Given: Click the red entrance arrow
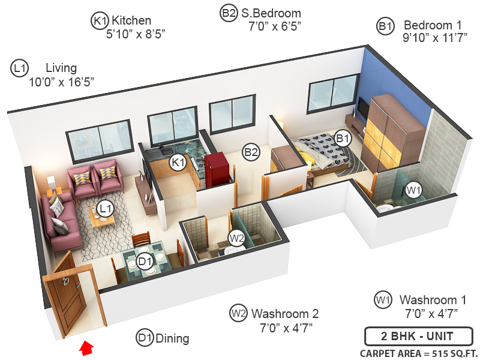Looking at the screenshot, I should [87, 346].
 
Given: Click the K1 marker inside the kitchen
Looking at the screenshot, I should [178, 161].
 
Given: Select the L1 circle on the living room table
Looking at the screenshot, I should [106, 208].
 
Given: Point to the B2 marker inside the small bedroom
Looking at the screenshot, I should [251, 152].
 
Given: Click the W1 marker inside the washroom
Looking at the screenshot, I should [413, 190].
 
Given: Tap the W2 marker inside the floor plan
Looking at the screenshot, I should [237, 238].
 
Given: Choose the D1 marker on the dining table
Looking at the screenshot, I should [145, 261].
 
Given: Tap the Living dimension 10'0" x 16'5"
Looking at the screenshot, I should [61, 81].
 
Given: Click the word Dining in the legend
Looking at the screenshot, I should [172, 338].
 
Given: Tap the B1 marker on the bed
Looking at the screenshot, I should [343, 137].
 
